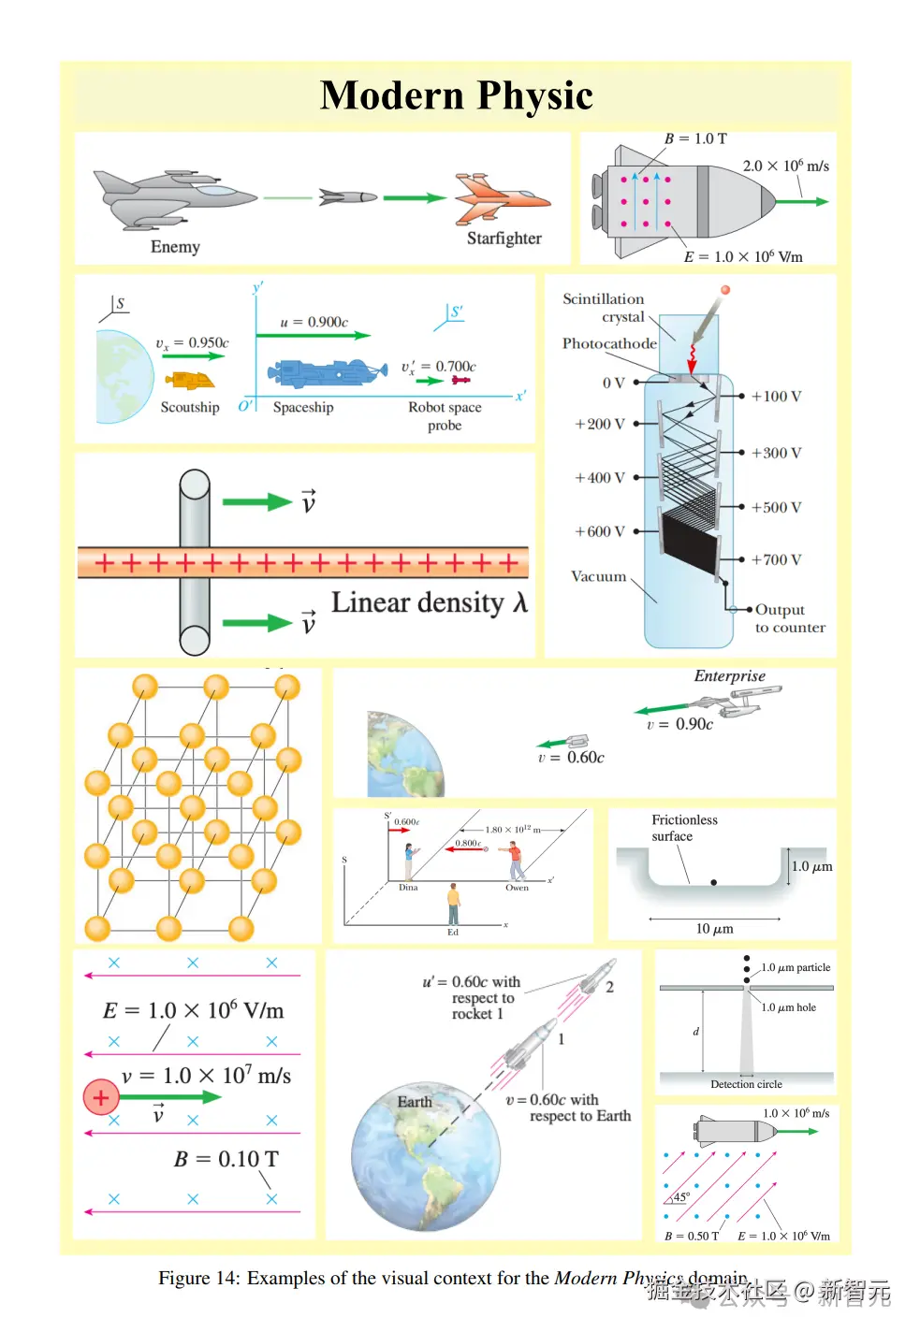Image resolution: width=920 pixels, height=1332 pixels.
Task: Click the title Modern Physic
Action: click(457, 95)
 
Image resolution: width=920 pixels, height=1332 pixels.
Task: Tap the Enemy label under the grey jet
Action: click(175, 247)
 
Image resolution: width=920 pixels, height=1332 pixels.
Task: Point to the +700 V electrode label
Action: click(776, 559)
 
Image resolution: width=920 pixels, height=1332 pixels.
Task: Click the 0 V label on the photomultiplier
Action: click(613, 383)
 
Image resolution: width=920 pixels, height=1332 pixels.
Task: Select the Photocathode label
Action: click(609, 343)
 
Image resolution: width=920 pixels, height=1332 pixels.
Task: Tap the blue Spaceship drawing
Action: click(327, 372)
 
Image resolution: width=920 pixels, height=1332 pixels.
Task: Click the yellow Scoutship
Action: click(190, 381)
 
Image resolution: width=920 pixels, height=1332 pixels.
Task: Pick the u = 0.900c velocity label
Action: click(314, 322)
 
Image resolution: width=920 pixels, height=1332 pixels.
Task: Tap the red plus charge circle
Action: click(101, 1097)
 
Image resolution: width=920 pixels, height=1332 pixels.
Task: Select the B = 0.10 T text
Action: click(226, 1159)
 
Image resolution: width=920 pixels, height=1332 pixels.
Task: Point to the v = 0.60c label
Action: click(571, 758)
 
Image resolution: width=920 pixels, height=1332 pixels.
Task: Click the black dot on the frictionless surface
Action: click(714, 882)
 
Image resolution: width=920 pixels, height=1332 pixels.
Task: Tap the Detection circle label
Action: click(746, 1084)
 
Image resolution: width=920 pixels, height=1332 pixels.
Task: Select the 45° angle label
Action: click(681, 1196)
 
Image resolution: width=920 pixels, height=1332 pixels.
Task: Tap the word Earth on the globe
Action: click(415, 1102)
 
